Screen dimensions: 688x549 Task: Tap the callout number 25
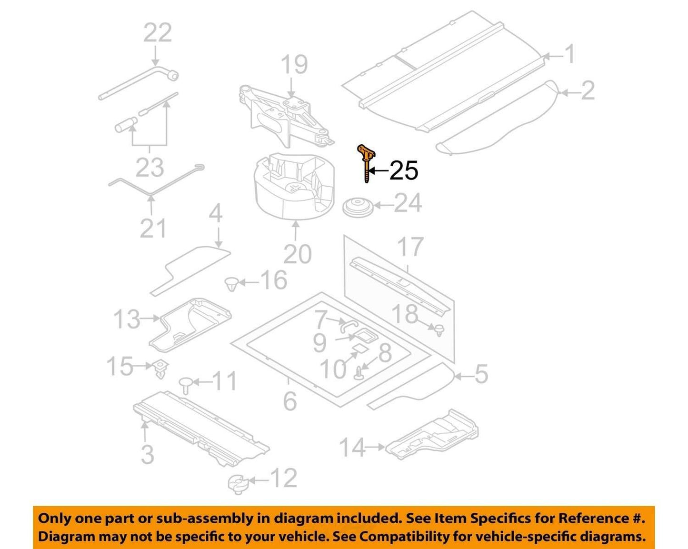pyautogui.click(x=404, y=171)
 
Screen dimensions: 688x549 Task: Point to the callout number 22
pyautogui.click(x=158, y=32)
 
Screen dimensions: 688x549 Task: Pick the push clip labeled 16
pyautogui.click(x=231, y=284)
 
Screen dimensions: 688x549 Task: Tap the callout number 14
pyautogui.click(x=352, y=447)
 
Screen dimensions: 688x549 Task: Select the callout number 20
pyautogui.click(x=297, y=254)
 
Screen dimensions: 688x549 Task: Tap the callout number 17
pyautogui.click(x=410, y=247)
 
